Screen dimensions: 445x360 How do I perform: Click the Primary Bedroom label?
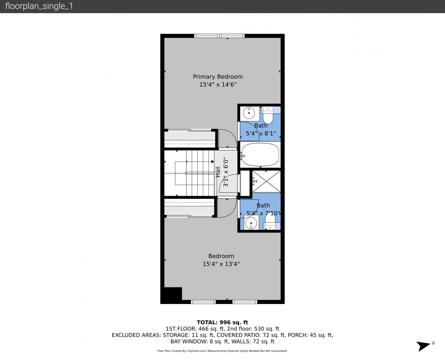(218, 77)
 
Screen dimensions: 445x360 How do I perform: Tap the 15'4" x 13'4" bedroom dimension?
(221, 264)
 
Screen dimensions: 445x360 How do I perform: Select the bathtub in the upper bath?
(260, 155)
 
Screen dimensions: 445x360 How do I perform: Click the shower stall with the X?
(266, 181)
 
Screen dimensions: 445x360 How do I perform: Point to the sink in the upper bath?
(249, 113)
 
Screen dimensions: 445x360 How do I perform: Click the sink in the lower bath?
(251, 223)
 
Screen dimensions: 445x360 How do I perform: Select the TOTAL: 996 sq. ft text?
(222, 322)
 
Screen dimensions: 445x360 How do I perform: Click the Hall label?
(218, 172)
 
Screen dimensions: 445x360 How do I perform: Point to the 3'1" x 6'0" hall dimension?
(226, 173)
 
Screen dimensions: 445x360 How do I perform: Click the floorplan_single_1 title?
(39, 6)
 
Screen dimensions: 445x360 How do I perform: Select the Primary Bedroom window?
(219, 36)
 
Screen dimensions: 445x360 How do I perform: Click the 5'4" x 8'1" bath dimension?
(261, 133)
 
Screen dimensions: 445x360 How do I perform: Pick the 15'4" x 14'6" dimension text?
(218, 85)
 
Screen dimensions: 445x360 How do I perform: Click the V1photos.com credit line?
(222, 351)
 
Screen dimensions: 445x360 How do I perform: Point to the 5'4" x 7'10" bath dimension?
(263, 213)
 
